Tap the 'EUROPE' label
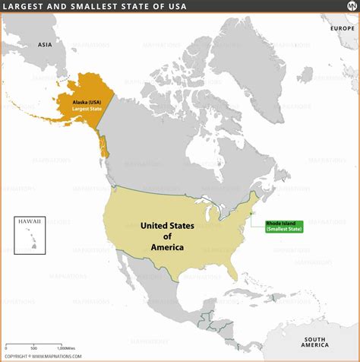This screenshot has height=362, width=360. (x=342, y=27)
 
